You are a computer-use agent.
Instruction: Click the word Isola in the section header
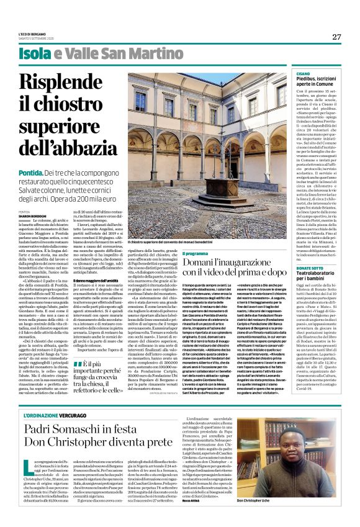click(x=37, y=54)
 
